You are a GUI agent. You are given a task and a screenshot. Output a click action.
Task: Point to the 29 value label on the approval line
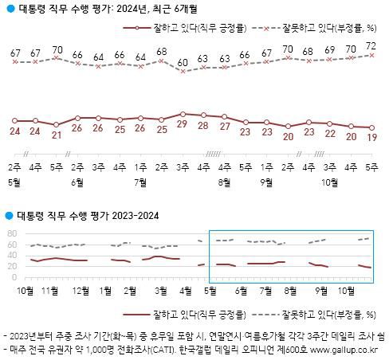[183, 126]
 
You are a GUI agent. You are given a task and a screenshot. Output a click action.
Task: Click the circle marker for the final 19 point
[371, 127]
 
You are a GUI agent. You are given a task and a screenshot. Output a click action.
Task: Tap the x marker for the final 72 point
[371, 56]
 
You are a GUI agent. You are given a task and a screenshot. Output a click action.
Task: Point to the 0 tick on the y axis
[15, 278]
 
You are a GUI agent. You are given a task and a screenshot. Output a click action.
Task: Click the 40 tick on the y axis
[12, 256]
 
